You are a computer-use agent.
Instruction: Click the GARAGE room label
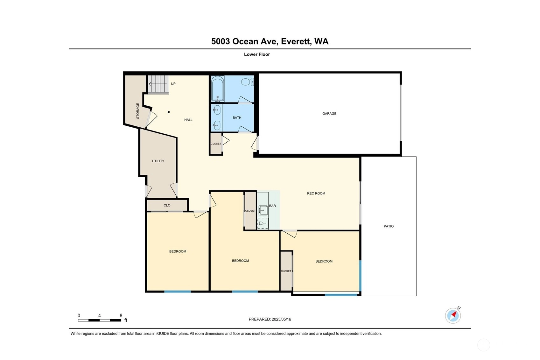pos(329,114)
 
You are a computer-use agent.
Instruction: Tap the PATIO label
pos(389,226)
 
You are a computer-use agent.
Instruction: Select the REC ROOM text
pos(316,194)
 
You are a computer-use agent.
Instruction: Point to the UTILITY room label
pos(158,161)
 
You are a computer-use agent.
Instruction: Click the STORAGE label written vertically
pos(138,111)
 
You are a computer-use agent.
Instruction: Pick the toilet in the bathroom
pos(247,82)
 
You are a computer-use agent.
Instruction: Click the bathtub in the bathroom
pos(217,89)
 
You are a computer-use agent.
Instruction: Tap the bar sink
pos(263,210)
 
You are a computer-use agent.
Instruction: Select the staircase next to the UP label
pos(158,84)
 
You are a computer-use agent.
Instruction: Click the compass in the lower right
pos(453,316)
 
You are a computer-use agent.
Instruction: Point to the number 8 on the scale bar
pos(121,316)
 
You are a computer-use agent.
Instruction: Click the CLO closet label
pos(167,205)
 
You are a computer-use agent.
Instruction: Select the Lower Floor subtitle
pos(257,54)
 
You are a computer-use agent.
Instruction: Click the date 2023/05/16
pos(281,319)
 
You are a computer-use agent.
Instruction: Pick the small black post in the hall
pos(169,112)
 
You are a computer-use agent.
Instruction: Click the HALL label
pos(188,120)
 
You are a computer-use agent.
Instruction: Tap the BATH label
pos(237,118)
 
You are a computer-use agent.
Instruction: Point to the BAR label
pos(272,206)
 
